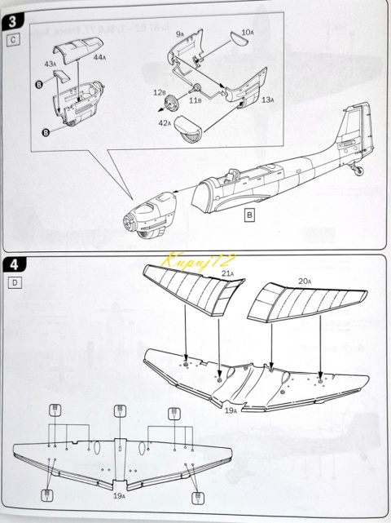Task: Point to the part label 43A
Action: point(50,63)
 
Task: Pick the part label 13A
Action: point(267,99)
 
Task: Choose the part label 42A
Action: point(164,122)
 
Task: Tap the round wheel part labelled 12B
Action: point(172,103)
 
